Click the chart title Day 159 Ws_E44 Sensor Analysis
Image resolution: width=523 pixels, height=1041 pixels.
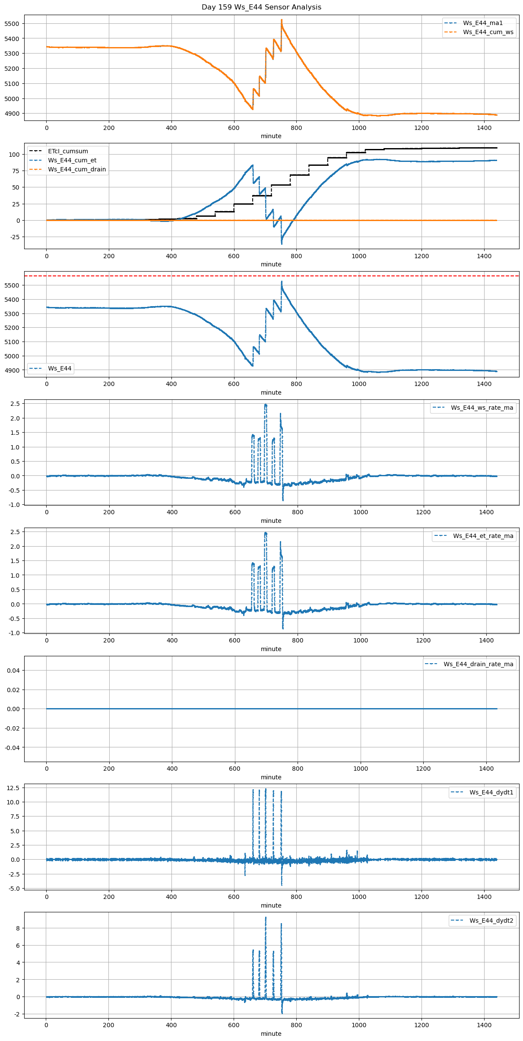coord(261,7)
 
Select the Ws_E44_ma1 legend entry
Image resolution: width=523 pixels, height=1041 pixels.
coord(483,23)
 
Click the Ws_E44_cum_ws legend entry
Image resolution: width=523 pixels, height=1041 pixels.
coord(488,32)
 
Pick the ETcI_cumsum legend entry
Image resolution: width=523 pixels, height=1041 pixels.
coord(68,151)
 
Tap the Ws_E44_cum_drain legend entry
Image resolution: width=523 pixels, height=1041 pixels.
coord(77,169)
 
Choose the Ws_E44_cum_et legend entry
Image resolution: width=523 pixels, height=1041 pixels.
coord(72,160)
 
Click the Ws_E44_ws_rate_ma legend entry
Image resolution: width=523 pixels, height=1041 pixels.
coord(482,408)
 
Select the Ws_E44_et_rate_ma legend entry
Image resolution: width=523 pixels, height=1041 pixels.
coord(483,536)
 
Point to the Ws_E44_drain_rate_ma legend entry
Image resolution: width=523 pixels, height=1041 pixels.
coord(478,664)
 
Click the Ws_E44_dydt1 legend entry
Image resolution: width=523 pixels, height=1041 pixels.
coord(491,792)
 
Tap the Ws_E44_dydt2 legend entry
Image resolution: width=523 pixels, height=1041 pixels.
coord(491,921)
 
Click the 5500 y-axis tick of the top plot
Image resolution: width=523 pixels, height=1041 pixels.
coord(12,24)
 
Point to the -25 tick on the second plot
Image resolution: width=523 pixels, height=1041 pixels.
coord(14,237)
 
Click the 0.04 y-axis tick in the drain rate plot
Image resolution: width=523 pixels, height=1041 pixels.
coord(13,671)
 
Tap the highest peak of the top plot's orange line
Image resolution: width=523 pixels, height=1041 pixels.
coord(282,20)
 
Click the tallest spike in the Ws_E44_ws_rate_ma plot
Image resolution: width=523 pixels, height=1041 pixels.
coord(266,405)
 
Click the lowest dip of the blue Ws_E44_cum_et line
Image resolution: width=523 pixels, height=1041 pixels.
coord(282,244)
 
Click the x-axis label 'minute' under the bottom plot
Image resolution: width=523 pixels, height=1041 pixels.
coord(271,1034)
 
